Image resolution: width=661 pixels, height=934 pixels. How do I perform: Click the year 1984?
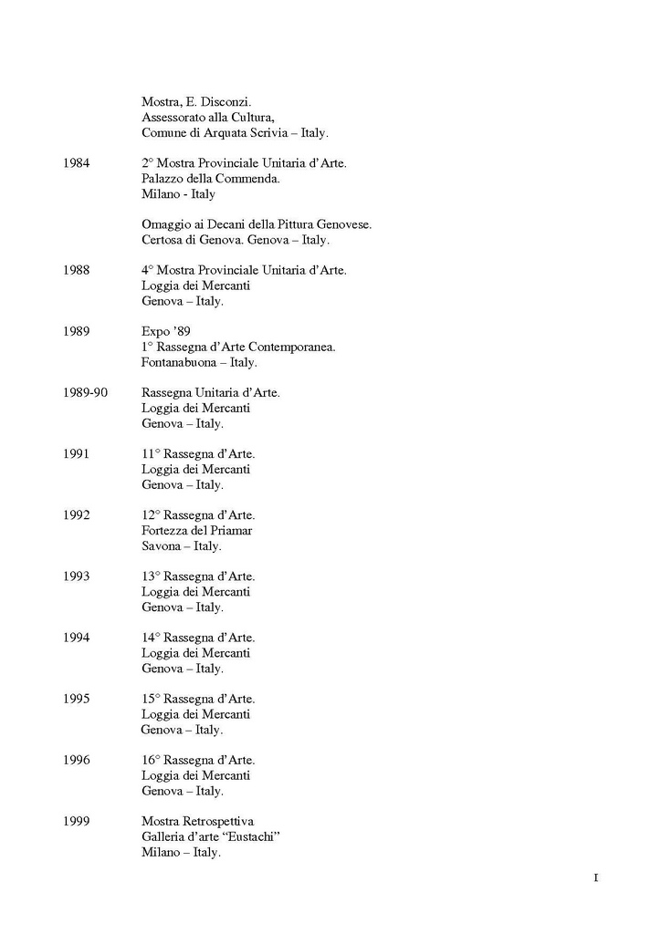(77, 163)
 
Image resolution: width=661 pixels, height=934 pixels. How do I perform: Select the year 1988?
(77, 270)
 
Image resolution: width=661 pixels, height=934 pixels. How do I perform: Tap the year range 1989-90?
(86, 392)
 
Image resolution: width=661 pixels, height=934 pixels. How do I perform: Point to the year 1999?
(77, 821)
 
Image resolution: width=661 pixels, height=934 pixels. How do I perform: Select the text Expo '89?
(166, 331)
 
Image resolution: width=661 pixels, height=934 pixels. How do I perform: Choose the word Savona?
(161, 545)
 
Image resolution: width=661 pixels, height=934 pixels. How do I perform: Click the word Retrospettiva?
(221, 821)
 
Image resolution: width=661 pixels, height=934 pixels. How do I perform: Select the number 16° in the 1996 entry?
(151, 760)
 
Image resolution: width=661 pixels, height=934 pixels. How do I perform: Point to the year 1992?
(77, 514)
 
